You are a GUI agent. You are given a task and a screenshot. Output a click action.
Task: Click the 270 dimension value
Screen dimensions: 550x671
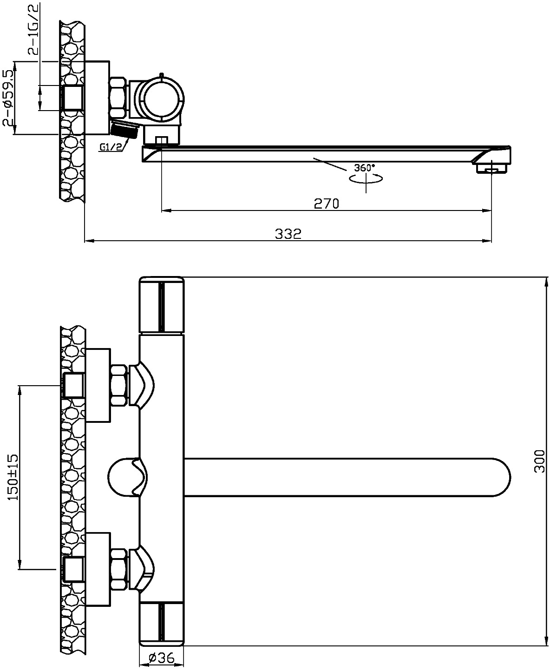tap(327, 204)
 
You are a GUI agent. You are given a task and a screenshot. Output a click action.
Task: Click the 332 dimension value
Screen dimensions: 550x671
tap(288, 234)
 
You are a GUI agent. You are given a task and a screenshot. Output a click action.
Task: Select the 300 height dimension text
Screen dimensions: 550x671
tap(539, 461)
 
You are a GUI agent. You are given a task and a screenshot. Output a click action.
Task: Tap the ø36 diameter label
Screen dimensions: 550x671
tap(162, 658)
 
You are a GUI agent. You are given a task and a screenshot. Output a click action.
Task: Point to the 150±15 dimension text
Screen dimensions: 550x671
tap(13, 477)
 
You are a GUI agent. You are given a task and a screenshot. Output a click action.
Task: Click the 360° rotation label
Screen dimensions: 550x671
tap(365, 167)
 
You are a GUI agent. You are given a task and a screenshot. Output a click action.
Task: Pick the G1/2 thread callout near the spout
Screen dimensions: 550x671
tap(111, 147)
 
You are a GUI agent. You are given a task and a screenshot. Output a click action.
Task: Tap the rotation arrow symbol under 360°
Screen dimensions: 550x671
tap(366, 179)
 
